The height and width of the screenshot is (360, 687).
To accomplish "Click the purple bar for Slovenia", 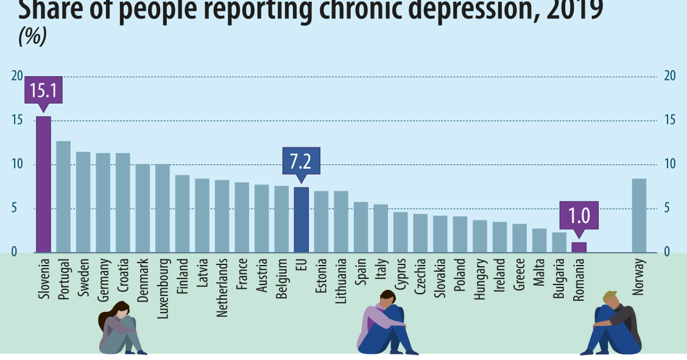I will point(43,185).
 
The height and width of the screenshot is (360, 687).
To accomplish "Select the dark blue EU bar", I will point(301,220).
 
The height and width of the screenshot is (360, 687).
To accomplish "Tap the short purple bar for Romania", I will point(579,247).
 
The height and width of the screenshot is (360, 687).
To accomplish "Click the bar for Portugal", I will point(63,197).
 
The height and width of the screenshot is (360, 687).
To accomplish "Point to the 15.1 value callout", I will point(43,91).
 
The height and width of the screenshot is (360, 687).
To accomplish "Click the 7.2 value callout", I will point(301,162).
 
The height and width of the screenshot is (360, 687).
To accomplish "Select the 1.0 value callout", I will point(579,216).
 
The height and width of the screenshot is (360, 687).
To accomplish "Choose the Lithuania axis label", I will point(341,281).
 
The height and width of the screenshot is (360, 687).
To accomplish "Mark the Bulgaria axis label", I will point(559,278).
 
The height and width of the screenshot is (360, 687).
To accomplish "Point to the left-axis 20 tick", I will point(17,76).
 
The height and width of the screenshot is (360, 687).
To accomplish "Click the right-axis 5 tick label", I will point(670,208).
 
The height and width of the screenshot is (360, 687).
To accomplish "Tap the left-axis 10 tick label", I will point(17,164).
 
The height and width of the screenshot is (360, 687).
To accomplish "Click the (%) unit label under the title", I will point(33,38).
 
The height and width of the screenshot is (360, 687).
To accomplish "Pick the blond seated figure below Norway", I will point(612,324).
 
